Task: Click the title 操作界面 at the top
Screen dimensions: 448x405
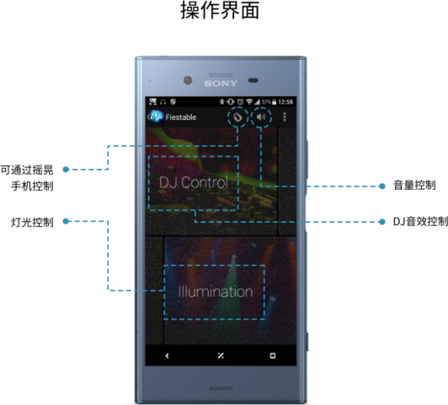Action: pyautogui.click(x=220, y=11)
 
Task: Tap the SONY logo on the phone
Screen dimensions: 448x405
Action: pyautogui.click(x=221, y=84)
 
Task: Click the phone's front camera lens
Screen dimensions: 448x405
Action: pyautogui.click(x=188, y=80)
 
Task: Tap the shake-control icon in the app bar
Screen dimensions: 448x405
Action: pyautogui.click(x=237, y=117)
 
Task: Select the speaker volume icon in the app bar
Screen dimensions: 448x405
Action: pyautogui.click(x=261, y=116)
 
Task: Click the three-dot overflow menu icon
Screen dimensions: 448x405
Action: pyautogui.click(x=285, y=116)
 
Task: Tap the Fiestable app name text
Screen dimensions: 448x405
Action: pyautogui.click(x=181, y=117)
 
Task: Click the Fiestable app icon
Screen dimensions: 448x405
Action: pyautogui.click(x=157, y=116)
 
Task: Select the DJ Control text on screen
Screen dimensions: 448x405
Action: pyautogui.click(x=194, y=182)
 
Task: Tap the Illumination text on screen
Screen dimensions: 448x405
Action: pyautogui.click(x=216, y=292)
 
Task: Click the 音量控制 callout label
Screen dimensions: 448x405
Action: pyautogui.click(x=414, y=185)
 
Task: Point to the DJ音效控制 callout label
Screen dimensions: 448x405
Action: pyautogui.click(x=420, y=222)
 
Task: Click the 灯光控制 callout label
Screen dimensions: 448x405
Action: pyautogui.click(x=32, y=222)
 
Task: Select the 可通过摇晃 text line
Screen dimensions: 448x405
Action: pyautogui.click(x=27, y=170)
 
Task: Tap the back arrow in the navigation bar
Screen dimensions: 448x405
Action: pyautogui.click(x=167, y=355)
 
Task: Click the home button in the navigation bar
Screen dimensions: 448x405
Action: pyautogui.click(x=221, y=355)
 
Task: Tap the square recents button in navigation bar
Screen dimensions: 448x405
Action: pyautogui.click(x=273, y=355)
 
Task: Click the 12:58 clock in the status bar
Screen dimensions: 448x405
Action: pyautogui.click(x=285, y=102)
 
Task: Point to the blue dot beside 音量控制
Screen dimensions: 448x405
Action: pyautogui.click(x=382, y=186)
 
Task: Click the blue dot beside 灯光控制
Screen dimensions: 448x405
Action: pyautogui.click(x=66, y=221)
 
